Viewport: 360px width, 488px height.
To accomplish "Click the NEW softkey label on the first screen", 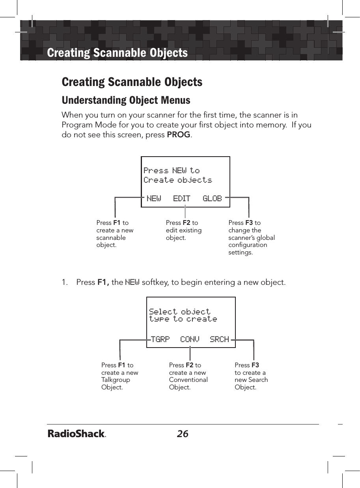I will [154, 198].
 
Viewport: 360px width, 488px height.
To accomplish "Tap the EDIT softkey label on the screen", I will [181, 198].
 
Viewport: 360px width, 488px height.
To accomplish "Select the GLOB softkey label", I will [212, 198].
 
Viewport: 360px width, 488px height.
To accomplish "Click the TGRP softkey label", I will [160, 339].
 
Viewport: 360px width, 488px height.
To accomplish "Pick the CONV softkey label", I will [190, 339].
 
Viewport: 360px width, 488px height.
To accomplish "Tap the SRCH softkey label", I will [219, 339].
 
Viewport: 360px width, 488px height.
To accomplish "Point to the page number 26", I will [183, 434].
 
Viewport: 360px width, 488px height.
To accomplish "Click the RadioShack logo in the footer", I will [77, 434].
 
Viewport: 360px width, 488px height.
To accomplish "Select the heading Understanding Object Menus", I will [126, 100].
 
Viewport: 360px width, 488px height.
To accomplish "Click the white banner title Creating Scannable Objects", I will [117, 52].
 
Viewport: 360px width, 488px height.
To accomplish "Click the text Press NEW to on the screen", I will [172, 170].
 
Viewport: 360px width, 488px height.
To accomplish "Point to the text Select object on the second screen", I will [180, 311].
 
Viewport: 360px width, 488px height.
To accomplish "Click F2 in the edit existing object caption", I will [187, 223].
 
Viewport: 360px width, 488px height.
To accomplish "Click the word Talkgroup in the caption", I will [116, 380].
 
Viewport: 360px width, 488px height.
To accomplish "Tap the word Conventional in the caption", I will [188, 380].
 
